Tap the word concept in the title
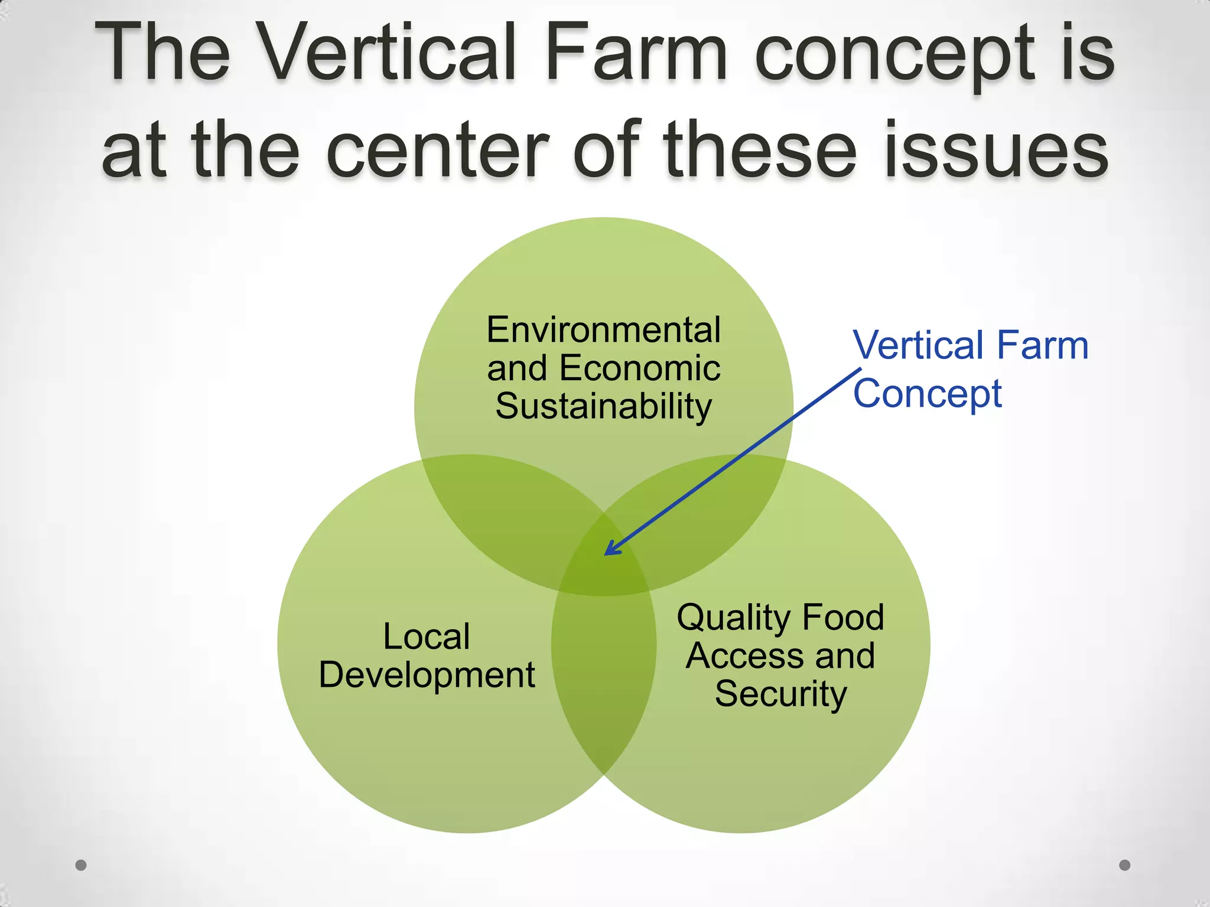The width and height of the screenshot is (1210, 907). pyautogui.click(x=895, y=56)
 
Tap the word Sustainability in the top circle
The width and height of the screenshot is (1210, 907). pyautogui.click(x=603, y=407)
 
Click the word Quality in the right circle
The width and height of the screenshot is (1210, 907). pyautogui.click(x=733, y=618)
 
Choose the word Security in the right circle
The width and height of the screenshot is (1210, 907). pyautogui.click(x=780, y=694)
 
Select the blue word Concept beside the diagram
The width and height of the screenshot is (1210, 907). pyautogui.click(x=928, y=394)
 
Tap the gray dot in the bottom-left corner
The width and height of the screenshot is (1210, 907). pyautogui.click(x=81, y=865)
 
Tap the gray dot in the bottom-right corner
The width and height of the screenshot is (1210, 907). pyautogui.click(x=1125, y=865)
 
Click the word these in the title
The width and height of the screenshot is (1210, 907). pyautogui.click(x=760, y=151)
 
